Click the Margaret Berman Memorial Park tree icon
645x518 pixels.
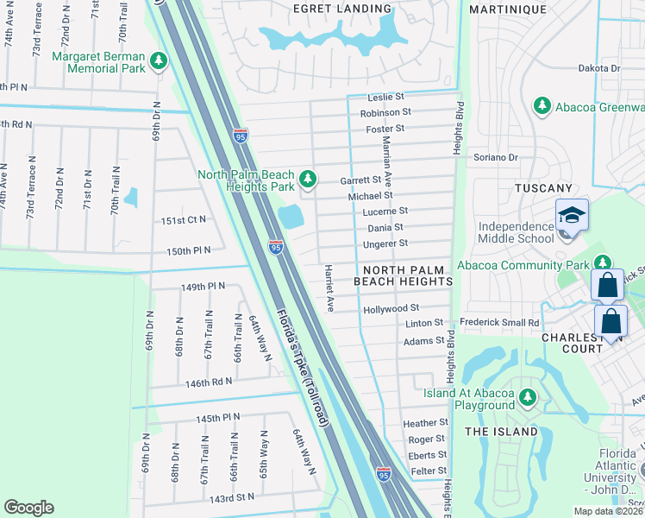click(x=158, y=60)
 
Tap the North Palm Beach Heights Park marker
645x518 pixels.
click(x=309, y=180)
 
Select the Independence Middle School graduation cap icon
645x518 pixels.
click(x=572, y=215)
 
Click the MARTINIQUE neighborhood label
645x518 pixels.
click(x=507, y=9)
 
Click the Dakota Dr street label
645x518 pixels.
click(x=599, y=68)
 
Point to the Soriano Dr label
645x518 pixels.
click(x=496, y=158)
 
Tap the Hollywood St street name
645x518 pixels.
click(x=391, y=308)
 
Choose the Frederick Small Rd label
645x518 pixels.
click(x=499, y=323)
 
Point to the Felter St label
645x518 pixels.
click(x=429, y=471)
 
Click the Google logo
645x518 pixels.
click(x=28, y=508)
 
